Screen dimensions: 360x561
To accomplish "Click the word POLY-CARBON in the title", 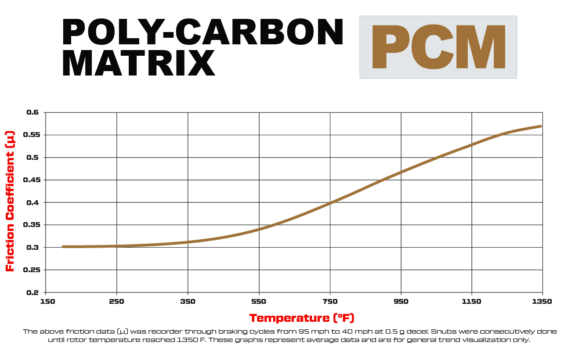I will pyautogui.click(x=203, y=32).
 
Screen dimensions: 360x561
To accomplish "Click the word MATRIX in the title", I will pyautogui.click(x=138, y=63).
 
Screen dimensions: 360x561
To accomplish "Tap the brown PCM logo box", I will pyautogui.click(x=438, y=47).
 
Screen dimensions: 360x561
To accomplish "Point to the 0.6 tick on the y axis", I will pyautogui.click(x=33, y=112).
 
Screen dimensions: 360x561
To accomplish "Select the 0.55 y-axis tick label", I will pyautogui.click(x=31, y=135).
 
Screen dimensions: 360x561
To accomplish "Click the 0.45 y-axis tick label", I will pyautogui.click(x=31, y=180).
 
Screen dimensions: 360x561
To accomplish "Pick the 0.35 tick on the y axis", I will pyautogui.click(x=31, y=225).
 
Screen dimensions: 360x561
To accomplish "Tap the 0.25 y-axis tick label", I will pyautogui.click(x=31, y=270).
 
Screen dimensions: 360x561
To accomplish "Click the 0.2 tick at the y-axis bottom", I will pyautogui.click(x=33, y=292).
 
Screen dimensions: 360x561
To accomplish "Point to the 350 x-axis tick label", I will pyautogui.click(x=188, y=302).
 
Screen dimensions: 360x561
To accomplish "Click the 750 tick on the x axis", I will pyautogui.click(x=330, y=302).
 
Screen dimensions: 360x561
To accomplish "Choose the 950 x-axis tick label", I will pyautogui.click(x=401, y=302).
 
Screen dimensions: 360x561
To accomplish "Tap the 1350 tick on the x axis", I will pyautogui.click(x=542, y=302).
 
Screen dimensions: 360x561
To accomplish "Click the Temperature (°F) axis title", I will pyautogui.click(x=302, y=318).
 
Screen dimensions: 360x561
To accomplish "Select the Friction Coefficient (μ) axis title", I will pyautogui.click(x=10, y=201).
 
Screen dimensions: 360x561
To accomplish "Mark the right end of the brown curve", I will pyautogui.click(x=540, y=126).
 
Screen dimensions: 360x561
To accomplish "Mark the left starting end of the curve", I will pyautogui.click(x=63, y=247).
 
